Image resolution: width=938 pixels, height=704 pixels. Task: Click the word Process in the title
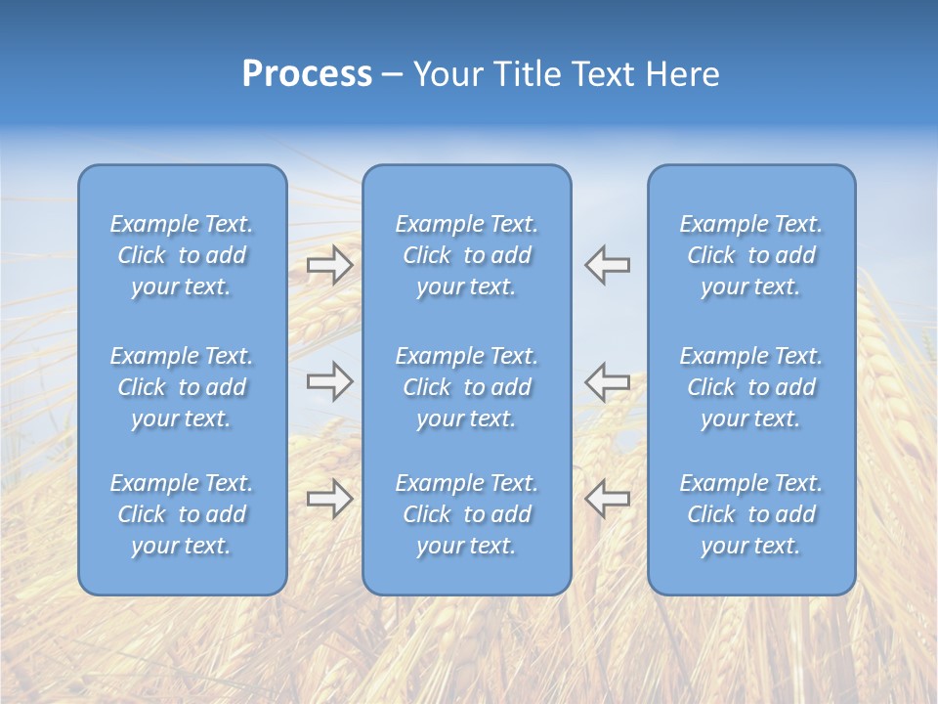[307, 74]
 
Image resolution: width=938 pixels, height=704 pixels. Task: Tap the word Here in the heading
[682, 74]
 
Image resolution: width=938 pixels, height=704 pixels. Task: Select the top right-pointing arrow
[329, 264]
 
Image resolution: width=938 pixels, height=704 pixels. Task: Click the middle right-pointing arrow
[329, 381]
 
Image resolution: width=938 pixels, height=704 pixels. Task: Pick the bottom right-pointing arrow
[329, 499]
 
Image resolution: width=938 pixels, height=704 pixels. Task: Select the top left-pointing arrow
[608, 264]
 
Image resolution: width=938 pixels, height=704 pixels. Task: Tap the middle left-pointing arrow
[608, 381]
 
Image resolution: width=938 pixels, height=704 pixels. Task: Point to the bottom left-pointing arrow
[608, 499]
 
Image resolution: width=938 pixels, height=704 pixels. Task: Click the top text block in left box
[182, 255]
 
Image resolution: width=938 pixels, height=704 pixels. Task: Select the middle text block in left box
[182, 387]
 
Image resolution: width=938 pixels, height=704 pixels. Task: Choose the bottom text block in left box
[182, 514]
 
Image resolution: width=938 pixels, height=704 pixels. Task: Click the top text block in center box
[466, 255]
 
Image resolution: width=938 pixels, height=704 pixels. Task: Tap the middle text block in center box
[466, 387]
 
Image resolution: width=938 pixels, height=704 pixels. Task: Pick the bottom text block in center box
[466, 514]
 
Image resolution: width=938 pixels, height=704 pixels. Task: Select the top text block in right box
[750, 255]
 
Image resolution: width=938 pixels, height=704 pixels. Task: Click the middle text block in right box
[750, 387]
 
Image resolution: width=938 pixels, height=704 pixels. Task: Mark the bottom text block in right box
[750, 514]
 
